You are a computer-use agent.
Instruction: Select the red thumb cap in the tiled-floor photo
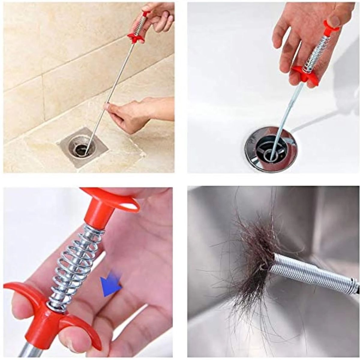[146, 13]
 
